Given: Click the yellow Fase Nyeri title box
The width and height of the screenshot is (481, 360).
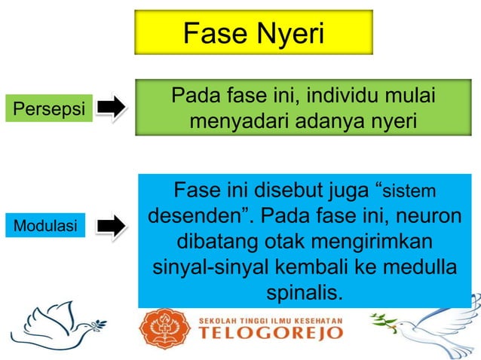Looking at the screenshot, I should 253,34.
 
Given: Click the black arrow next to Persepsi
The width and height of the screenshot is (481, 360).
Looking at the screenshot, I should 112,107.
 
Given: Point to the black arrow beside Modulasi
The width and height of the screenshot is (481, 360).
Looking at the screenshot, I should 112,224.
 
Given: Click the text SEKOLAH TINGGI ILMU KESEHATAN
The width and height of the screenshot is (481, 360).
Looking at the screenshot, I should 271,319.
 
